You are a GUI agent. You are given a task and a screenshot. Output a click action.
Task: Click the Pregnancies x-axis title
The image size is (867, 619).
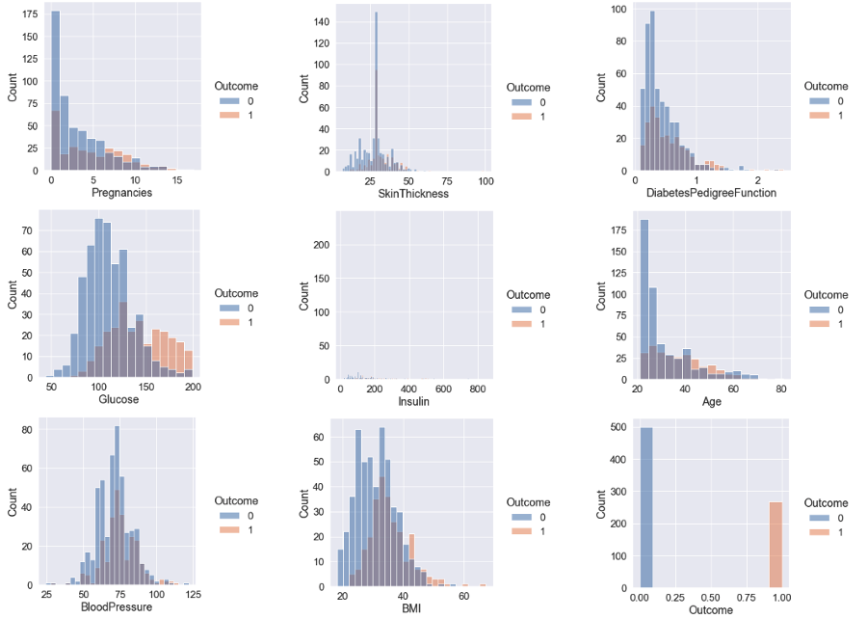pos(120,193)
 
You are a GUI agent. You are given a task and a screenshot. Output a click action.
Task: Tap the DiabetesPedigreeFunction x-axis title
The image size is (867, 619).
pos(712,193)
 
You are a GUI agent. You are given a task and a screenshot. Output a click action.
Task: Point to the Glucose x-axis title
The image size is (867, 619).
pos(120,399)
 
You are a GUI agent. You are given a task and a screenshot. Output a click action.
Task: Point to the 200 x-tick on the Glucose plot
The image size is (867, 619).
pos(193,387)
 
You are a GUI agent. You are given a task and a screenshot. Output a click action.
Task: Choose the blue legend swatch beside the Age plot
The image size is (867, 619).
pos(818,309)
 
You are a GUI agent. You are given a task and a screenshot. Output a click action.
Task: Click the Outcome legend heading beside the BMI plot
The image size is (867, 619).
pos(529,502)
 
